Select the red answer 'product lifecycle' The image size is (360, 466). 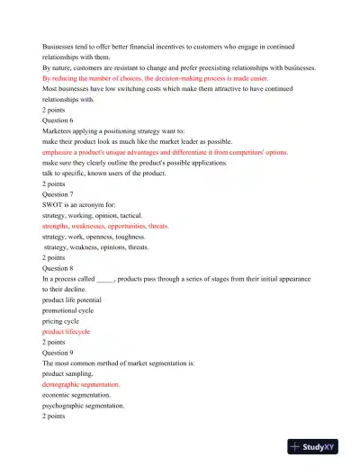(72, 331)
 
